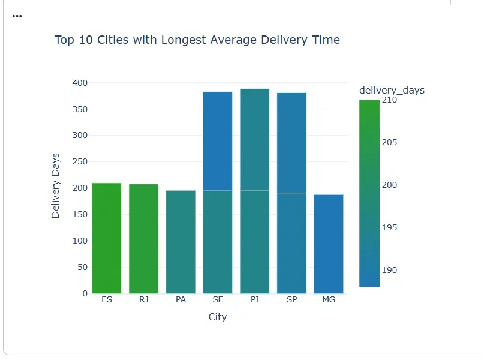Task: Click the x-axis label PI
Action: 255,299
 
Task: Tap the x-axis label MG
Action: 329,299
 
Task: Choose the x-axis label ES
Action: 107,299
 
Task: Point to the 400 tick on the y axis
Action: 79,83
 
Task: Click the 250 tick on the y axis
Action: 79,162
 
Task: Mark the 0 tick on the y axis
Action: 85,293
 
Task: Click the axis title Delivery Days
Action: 56,185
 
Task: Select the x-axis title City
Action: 218,317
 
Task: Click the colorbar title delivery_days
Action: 392,90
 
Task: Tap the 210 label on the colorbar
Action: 389,100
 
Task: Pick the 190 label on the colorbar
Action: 389,270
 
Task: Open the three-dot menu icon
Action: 17,16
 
